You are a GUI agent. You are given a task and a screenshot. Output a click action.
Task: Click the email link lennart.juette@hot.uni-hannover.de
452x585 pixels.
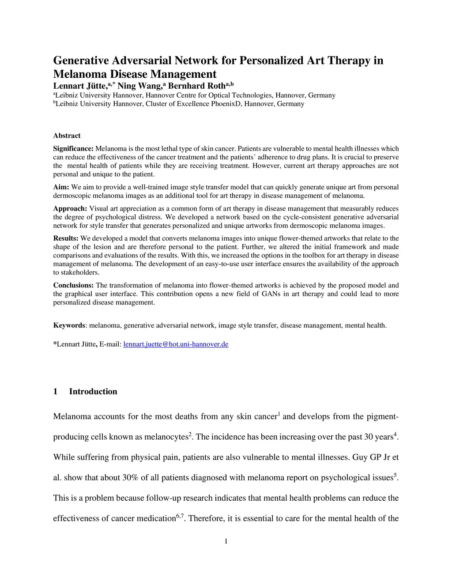pyautogui.click(x=176, y=344)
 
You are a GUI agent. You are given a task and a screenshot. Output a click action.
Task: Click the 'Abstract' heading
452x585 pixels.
pyautogui.click(x=67, y=136)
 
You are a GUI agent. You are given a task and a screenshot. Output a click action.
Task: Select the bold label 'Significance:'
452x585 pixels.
pyautogui.click(x=73, y=149)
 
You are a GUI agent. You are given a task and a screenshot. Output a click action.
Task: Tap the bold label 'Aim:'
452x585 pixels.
pyautogui.click(x=61, y=187)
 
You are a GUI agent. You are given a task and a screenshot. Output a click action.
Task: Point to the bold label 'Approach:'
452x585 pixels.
pyautogui.click(x=70, y=208)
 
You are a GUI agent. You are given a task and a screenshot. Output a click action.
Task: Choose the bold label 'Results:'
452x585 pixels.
pyautogui.click(x=66, y=238)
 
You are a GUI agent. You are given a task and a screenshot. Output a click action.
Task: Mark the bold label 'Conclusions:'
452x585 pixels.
pyautogui.click(x=73, y=285)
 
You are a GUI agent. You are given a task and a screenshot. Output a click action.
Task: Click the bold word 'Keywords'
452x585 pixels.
pyautogui.click(x=69, y=325)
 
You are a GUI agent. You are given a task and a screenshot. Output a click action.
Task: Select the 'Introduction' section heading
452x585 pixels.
pyautogui.click(x=93, y=392)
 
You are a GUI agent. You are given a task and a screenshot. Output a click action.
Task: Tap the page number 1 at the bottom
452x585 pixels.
pyautogui.click(x=226, y=542)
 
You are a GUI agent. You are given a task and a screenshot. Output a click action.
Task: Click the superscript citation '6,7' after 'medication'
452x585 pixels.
pyautogui.click(x=180, y=515)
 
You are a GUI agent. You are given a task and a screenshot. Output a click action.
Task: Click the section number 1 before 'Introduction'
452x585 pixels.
pyautogui.click(x=55, y=392)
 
